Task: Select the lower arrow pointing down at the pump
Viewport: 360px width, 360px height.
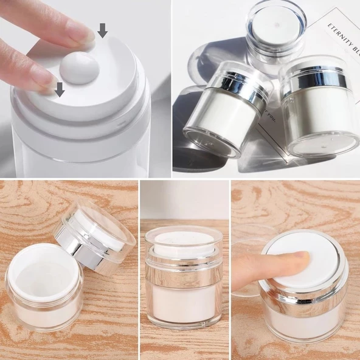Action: [59, 89]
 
